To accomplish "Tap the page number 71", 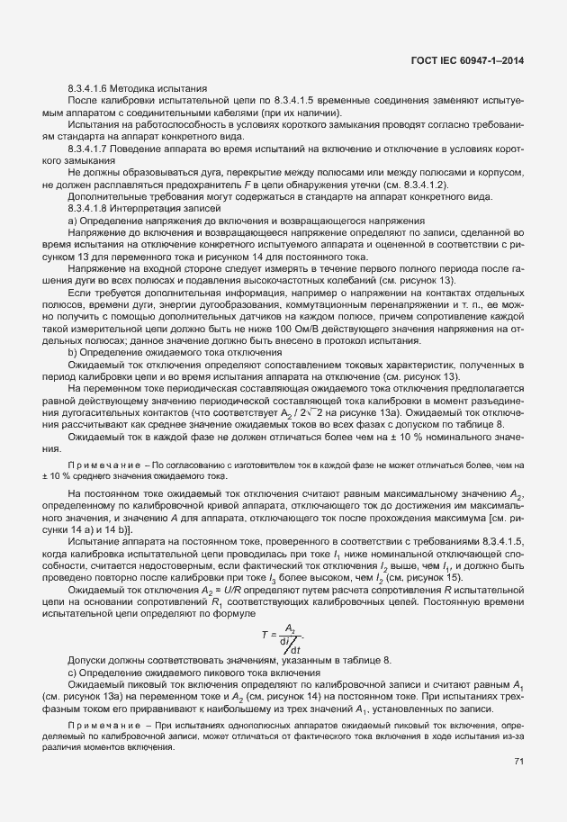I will tap(518, 762).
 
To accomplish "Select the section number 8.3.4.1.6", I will tap(88, 89).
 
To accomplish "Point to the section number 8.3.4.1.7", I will tap(88, 146).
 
